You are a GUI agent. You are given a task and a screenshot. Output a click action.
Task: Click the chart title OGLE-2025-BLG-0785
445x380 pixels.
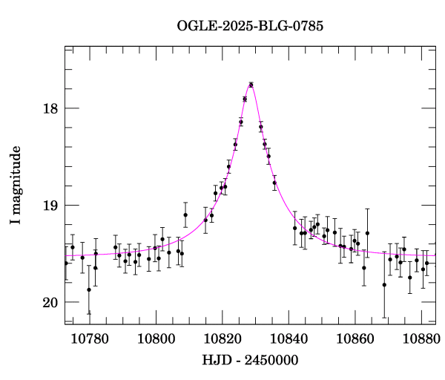(x=250, y=25)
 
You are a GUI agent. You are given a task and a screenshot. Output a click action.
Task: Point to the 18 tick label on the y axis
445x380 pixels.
(x=50, y=108)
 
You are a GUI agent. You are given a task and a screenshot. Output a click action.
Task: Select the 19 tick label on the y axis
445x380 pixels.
(x=50, y=206)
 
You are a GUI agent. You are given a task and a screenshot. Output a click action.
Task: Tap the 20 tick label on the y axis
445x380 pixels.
(x=50, y=302)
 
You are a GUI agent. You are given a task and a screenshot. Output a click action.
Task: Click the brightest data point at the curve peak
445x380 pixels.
(x=251, y=85)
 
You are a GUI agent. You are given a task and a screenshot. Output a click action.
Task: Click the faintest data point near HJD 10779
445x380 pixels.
(x=89, y=289)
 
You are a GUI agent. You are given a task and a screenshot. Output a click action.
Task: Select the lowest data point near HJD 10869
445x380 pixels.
(x=384, y=285)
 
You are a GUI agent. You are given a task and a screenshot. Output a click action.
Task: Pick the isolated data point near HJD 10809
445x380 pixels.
(x=185, y=214)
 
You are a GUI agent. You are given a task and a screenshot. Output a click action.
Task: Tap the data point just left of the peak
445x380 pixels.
(x=245, y=99)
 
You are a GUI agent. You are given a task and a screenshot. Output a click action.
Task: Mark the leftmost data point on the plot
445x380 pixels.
(x=66, y=263)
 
